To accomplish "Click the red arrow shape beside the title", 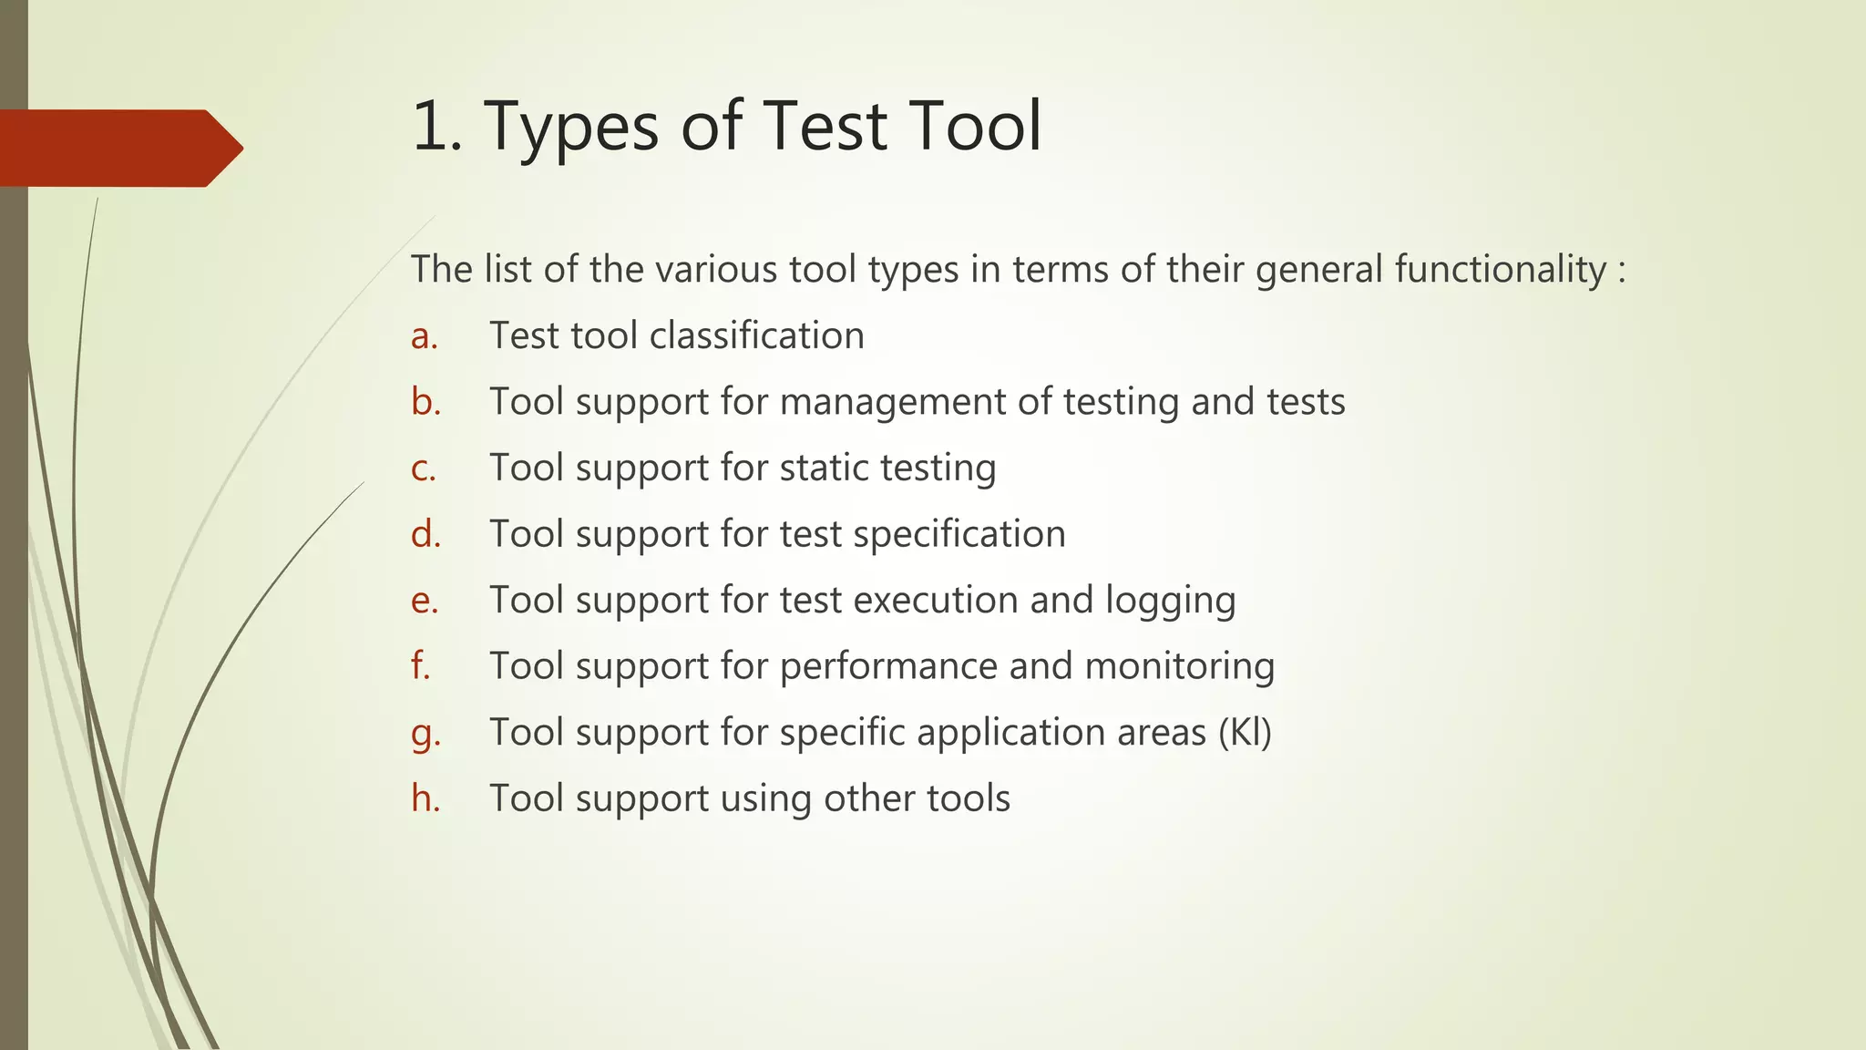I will [x=118, y=148].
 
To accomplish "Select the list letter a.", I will [x=424, y=336].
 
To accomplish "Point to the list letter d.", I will [x=425, y=534].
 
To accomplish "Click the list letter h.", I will [x=425, y=798].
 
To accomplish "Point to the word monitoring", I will [x=1179, y=667].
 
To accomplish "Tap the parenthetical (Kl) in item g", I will [x=1245, y=733].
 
